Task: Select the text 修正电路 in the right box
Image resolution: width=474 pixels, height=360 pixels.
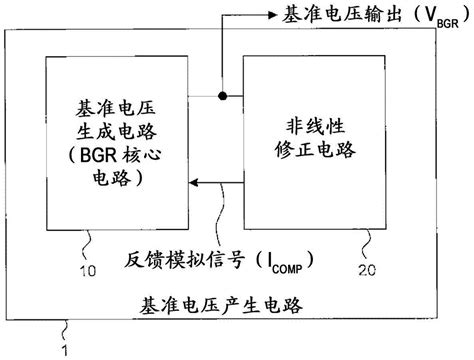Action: (316, 150)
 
